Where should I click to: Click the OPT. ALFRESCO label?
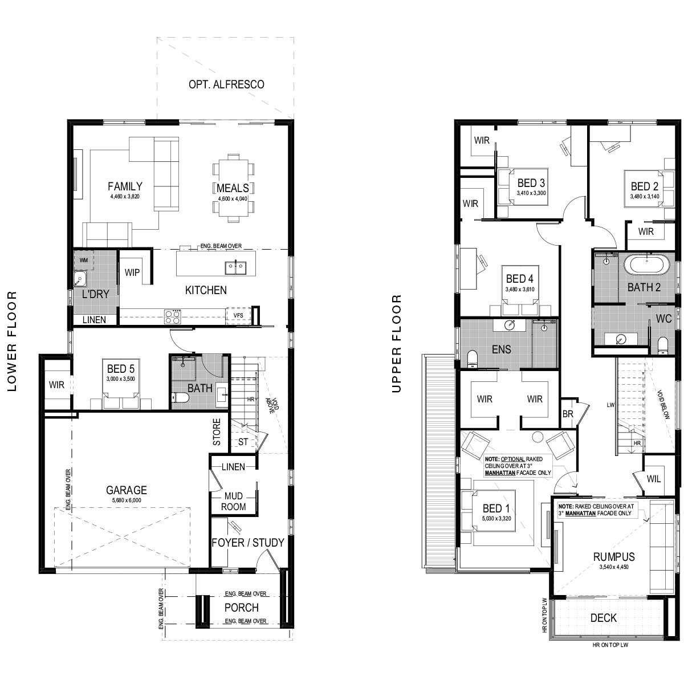pyautogui.click(x=226, y=84)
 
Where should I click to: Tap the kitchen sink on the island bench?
pyautogui.click(x=235, y=268)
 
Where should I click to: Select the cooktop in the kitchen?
pyautogui.click(x=173, y=316)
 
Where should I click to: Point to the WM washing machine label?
pyautogui.click(x=83, y=260)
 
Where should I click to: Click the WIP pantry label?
pyautogui.click(x=132, y=272)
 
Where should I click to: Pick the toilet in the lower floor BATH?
pyautogui.click(x=180, y=397)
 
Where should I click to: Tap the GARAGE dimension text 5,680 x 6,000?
pyautogui.click(x=127, y=500)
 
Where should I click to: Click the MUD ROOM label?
pyautogui.click(x=233, y=501)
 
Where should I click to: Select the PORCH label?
pyautogui.click(x=241, y=608)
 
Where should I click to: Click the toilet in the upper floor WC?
pyautogui.click(x=663, y=346)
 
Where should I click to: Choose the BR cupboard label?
pyautogui.click(x=568, y=414)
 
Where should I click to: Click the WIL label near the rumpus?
pyautogui.click(x=653, y=479)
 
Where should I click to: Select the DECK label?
pyautogui.click(x=604, y=618)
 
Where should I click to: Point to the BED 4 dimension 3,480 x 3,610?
pyautogui.click(x=520, y=290)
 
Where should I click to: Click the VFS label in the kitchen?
pyautogui.click(x=238, y=315)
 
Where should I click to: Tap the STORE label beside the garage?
pyautogui.click(x=217, y=432)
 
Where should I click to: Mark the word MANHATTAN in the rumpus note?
pyautogui.click(x=580, y=513)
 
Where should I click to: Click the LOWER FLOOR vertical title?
pyautogui.click(x=12, y=341)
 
